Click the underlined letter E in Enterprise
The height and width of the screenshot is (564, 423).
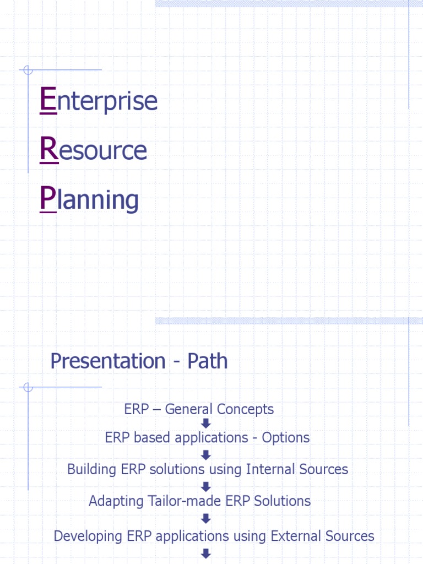pyautogui.click(x=48, y=101)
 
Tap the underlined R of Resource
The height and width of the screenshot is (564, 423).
pyautogui.click(x=49, y=150)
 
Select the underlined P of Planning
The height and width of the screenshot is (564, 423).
pyautogui.click(x=48, y=199)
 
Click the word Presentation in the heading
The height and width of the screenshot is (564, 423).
pyautogui.click(x=107, y=361)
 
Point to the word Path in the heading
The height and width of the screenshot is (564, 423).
pyautogui.click(x=207, y=361)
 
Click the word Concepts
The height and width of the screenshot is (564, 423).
pyautogui.click(x=245, y=409)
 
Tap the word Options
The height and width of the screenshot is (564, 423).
pyautogui.click(x=285, y=438)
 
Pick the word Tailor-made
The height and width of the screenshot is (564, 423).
pyautogui.click(x=183, y=501)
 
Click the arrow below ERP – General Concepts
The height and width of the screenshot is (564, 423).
pyautogui.click(x=206, y=424)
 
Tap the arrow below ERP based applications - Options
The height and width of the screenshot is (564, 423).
pyautogui.click(x=206, y=454)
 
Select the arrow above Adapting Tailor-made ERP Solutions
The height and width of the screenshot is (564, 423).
pyautogui.click(x=206, y=486)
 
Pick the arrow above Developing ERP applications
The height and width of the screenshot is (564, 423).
pyautogui.click(x=206, y=518)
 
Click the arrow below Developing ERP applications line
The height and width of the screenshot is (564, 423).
pyautogui.click(x=206, y=553)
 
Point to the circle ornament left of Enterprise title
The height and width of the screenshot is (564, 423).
pyautogui.click(x=29, y=70)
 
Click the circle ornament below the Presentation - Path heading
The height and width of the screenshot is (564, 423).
pyautogui.click(x=29, y=387)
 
